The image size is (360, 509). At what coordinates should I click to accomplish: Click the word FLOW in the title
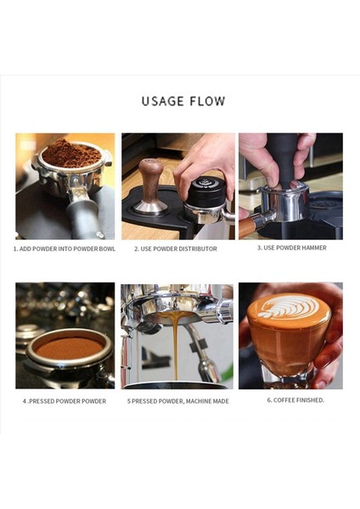tap(208, 101)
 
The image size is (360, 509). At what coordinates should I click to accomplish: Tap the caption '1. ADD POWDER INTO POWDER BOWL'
tap(64, 249)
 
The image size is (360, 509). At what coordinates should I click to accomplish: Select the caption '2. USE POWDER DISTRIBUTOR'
tap(176, 249)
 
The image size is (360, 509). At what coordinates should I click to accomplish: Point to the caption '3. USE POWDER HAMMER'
tap(291, 249)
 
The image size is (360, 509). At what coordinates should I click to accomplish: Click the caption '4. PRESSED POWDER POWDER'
tap(65, 400)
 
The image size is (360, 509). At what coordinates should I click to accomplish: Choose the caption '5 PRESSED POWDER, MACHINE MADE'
tap(178, 400)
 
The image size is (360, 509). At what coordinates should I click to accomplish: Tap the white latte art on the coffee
tap(288, 306)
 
